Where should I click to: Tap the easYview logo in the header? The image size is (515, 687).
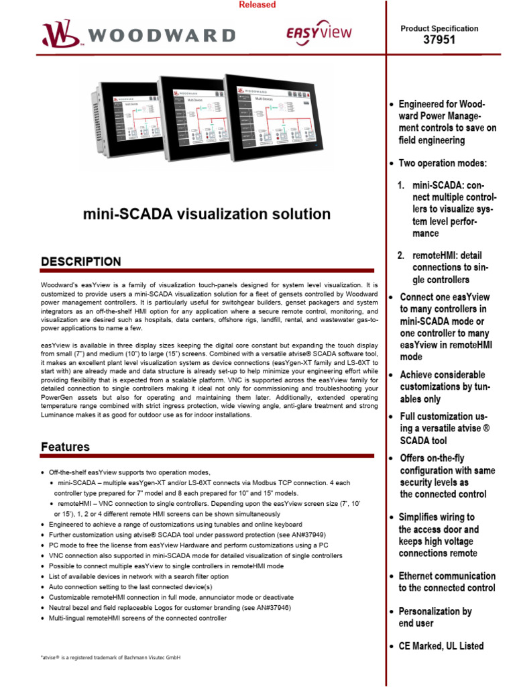[319, 33]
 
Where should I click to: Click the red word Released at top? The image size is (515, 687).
[257, 5]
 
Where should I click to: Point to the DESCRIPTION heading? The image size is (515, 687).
[81, 261]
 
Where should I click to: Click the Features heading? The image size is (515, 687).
[65, 446]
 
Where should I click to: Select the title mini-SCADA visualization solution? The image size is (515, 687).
[207, 214]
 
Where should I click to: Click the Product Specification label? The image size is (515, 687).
[439, 28]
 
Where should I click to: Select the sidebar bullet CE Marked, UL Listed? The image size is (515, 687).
[441, 646]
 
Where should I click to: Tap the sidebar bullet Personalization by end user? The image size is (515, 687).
[435, 617]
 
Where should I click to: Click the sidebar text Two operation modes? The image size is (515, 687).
[443, 164]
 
